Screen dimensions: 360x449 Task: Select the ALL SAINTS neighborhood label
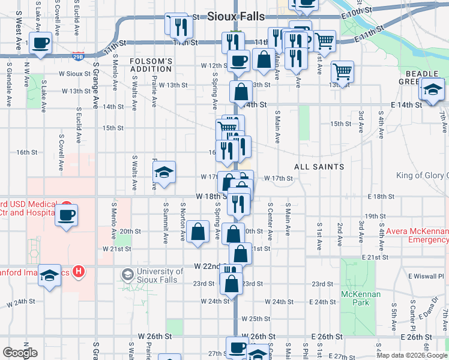coord(319,166)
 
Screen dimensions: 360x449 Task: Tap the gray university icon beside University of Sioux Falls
coord(127,274)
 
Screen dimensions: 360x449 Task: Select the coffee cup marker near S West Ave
coord(40,43)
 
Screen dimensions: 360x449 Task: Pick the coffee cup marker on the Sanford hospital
coord(66,214)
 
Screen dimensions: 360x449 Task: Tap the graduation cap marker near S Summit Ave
coord(163,173)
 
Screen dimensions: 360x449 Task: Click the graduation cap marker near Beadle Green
coord(432,90)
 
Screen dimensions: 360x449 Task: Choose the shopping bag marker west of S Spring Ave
coord(197,232)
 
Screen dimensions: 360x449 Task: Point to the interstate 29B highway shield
coord(78,56)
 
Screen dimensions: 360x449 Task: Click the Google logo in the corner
coord(20,353)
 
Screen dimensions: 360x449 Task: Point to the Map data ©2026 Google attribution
coord(411,355)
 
